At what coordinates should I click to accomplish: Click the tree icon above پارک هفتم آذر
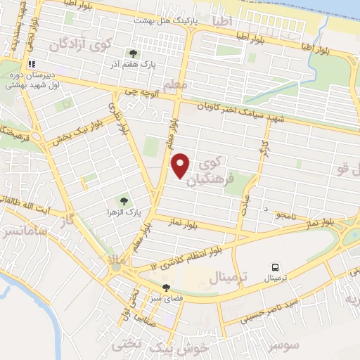pyautogui.click(x=131, y=53)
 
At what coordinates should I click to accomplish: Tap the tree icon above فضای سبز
pyautogui.click(x=166, y=288)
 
